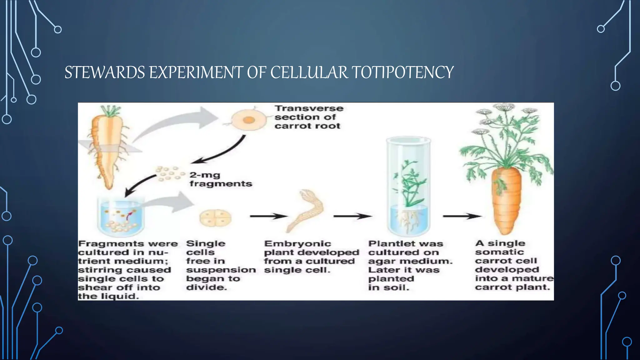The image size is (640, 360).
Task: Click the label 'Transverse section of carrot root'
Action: pyautogui.click(x=308, y=117)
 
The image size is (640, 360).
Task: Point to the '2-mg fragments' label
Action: pyautogui.click(x=220, y=179)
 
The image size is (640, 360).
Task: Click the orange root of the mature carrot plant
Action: pyautogui.click(x=507, y=200)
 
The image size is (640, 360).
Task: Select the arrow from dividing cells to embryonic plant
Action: pyautogui.click(x=268, y=216)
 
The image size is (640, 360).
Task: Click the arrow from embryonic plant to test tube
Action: pyautogui.click(x=352, y=216)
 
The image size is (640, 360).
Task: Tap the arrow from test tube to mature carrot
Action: pyautogui.click(x=462, y=216)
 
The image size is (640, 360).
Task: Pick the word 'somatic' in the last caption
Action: pyautogui.click(x=499, y=252)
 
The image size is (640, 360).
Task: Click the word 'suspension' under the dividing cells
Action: pyautogui.click(x=221, y=270)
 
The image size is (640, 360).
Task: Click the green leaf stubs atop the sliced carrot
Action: pyautogui.click(x=110, y=111)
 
